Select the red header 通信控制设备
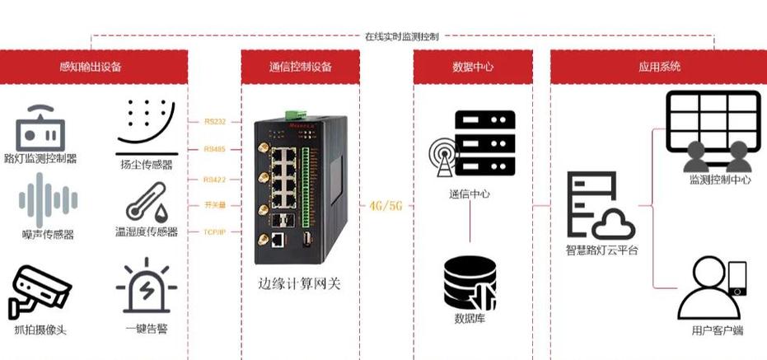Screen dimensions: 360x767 coord(300,67)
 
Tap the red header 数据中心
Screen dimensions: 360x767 coord(473,67)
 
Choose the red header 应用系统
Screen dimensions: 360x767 coord(659,67)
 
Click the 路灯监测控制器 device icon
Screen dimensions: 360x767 coord(40,129)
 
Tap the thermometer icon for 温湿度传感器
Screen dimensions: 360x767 coord(147,202)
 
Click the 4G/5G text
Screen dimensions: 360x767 coord(386,205)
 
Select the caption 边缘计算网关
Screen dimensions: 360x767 coord(299,284)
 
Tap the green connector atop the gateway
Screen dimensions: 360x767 coord(295,115)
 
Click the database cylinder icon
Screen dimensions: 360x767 coord(470,283)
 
